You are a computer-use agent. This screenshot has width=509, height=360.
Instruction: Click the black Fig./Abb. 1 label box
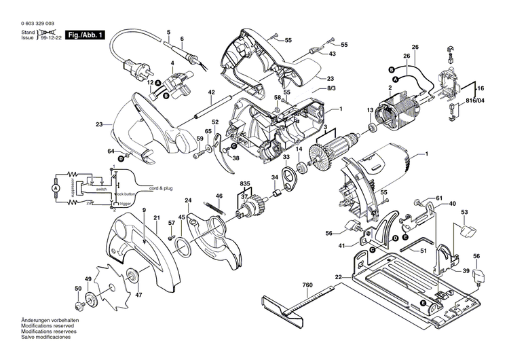[86, 35]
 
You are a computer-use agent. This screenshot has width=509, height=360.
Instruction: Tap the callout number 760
[307, 285]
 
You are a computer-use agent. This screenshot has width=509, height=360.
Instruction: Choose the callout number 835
[244, 183]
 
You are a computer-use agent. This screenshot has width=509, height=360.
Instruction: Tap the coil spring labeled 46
[221, 206]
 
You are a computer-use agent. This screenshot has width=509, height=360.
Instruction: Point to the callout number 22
[337, 276]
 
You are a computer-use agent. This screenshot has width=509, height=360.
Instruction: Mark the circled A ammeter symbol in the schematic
[57, 185]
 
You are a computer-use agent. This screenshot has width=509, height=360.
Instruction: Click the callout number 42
[211, 92]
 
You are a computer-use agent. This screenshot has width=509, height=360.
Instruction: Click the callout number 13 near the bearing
[370, 110]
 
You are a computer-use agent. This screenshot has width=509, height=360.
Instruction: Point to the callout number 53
[465, 213]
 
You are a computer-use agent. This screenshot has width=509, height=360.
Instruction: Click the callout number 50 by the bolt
[77, 289]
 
